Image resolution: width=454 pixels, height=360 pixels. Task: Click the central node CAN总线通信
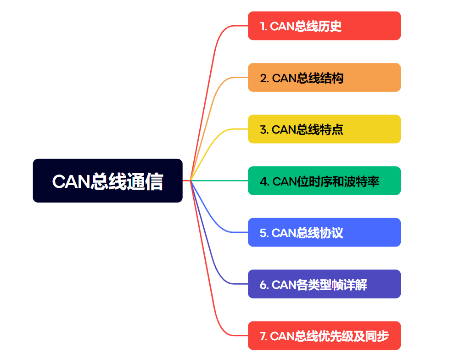click(x=107, y=180)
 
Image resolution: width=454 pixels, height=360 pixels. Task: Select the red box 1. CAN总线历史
click(x=324, y=26)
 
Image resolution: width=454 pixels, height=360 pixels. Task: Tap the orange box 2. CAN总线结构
click(x=324, y=77)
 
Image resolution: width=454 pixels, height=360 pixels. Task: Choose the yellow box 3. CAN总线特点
click(x=324, y=129)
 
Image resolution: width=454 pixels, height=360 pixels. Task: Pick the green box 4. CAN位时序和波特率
click(x=324, y=180)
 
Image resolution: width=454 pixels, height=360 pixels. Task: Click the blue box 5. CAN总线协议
click(x=324, y=232)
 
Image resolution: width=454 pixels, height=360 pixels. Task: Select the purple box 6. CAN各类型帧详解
click(x=324, y=284)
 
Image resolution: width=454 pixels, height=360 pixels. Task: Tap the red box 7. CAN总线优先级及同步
click(x=324, y=336)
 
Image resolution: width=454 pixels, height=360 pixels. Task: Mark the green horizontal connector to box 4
click(x=220, y=180)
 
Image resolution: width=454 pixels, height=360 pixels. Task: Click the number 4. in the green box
click(x=264, y=181)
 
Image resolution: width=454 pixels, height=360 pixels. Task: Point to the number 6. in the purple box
click(x=264, y=285)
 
